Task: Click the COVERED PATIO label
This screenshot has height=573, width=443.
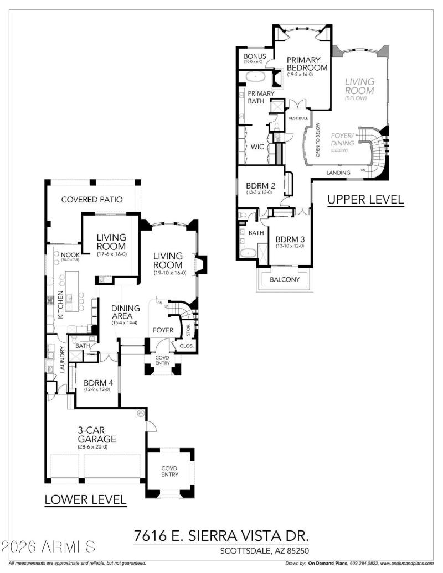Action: point(92,200)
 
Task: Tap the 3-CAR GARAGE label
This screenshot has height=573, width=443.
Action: point(96,435)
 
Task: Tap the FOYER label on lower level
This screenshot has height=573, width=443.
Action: point(164,331)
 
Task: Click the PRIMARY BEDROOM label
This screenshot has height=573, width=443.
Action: point(304,64)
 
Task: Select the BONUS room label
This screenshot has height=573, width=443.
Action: point(255,56)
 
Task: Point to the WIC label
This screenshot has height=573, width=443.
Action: point(257,147)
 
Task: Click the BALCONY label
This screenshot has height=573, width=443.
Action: point(284,279)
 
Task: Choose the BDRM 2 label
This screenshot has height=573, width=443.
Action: point(260,186)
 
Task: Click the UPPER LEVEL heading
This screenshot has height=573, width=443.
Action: point(365,199)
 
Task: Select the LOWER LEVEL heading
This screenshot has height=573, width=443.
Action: point(85,500)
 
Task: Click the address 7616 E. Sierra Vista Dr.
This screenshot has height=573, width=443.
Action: point(221,535)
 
